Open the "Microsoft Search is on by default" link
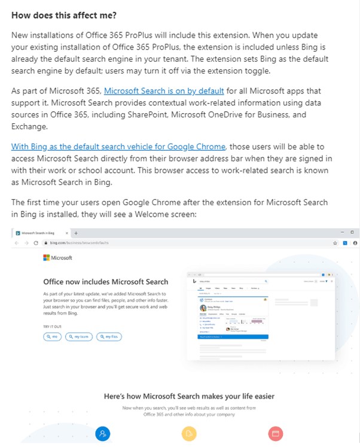click(x=164, y=91)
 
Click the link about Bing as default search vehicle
click(x=118, y=147)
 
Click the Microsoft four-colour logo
click(x=46, y=258)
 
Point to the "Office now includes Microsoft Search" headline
click(x=106, y=281)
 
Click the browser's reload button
click(x=36, y=243)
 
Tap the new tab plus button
click(x=76, y=232)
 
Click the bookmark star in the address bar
click(x=335, y=243)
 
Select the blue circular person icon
click(x=103, y=433)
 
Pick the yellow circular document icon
click(x=189, y=433)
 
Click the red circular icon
click(x=275, y=433)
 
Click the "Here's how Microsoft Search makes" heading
click(x=189, y=396)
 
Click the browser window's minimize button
click(x=340, y=232)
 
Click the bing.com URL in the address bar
click(x=70, y=243)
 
